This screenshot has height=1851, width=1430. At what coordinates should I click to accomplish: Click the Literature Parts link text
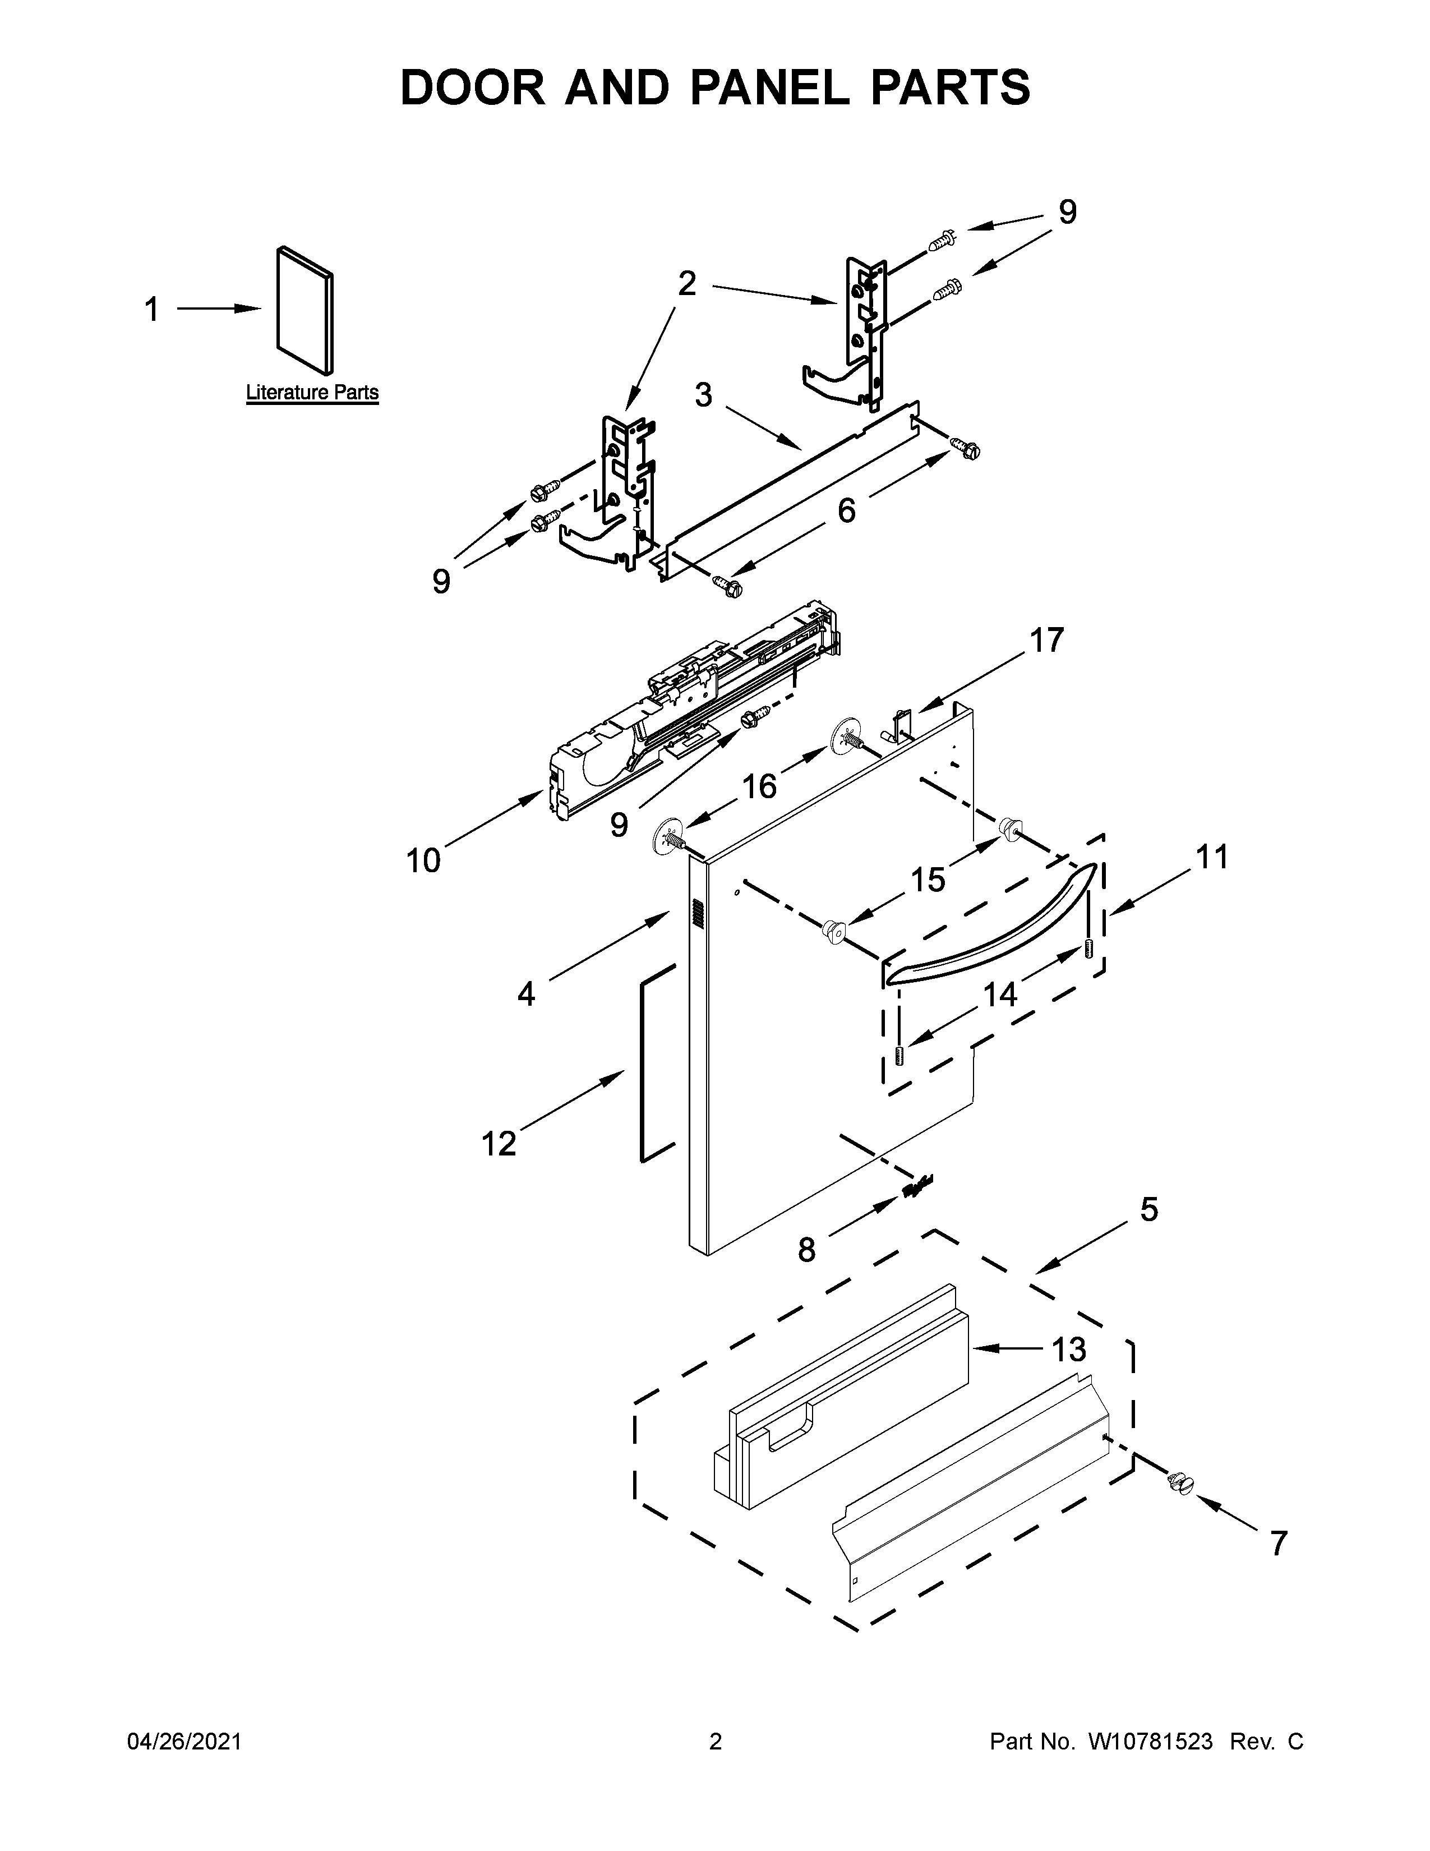click(312, 393)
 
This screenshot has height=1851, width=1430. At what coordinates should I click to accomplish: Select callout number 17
click(1046, 641)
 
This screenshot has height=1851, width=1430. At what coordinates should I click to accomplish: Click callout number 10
click(423, 861)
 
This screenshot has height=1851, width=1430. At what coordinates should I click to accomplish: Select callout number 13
click(1069, 1349)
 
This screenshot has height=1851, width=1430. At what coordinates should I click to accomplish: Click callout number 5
click(1148, 1209)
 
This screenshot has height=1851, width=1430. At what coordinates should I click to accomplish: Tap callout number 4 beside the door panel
click(526, 993)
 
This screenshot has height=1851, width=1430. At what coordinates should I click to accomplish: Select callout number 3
click(703, 396)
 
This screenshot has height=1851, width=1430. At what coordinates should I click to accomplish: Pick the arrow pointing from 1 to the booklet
click(219, 310)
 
